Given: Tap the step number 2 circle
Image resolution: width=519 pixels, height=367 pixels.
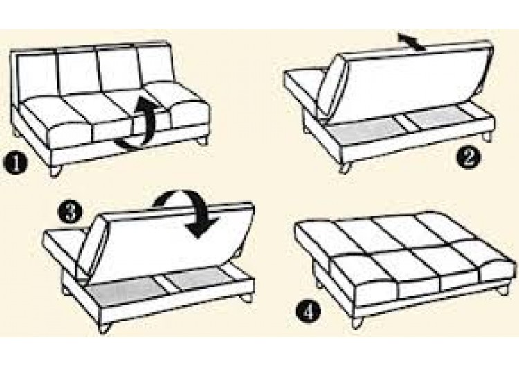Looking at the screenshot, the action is [468, 158].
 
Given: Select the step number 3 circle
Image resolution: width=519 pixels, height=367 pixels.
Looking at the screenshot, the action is [70, 213].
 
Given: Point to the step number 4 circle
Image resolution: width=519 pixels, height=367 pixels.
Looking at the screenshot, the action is [308, 311].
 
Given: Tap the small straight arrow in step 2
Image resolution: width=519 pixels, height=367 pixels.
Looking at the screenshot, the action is [412, 42].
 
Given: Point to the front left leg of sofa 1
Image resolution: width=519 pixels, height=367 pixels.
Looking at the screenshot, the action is [55, 171].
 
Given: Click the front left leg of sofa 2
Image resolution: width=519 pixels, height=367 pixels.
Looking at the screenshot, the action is [345, 168].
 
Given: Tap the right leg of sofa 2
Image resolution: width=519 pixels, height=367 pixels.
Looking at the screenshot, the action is [486, 136].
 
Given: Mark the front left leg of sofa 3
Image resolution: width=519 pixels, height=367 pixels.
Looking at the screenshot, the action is [104, 328].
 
